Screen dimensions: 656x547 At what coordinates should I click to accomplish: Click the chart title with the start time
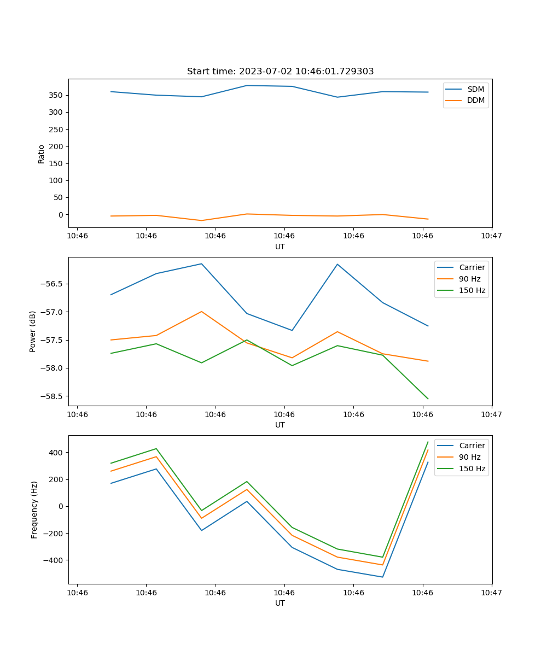point(280,72)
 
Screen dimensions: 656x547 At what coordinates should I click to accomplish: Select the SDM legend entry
point(475,89)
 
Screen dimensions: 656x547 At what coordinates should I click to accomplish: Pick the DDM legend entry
point(475,100)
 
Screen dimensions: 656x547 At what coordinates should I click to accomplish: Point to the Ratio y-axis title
point(42,153)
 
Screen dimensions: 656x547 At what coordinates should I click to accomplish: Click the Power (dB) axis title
point(33,331)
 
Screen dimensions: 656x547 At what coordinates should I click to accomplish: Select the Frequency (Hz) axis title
point(34,509)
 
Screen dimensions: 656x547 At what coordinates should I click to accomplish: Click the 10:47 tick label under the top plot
point(491,236)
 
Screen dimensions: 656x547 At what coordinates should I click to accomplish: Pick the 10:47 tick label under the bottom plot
point(491,593)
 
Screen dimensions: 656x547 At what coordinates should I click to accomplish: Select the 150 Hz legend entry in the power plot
point(472,290)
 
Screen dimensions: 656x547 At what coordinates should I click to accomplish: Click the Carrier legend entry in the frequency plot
point(472,446)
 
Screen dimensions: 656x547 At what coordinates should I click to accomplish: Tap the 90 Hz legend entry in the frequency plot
point(469,457)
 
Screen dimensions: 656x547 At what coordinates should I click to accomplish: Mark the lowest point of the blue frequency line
point(382,577)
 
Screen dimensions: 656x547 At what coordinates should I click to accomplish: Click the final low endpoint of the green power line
point(428,399)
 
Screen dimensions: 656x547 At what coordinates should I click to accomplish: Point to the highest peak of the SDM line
point(247,85)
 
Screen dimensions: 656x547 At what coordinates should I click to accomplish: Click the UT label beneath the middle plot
point(280,425)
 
